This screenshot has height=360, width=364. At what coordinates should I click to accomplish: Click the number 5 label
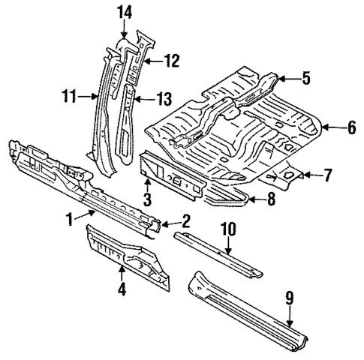click(305, 76)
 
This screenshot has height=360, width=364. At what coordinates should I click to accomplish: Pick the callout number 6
click(351, 127)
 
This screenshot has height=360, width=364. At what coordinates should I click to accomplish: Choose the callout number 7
click(327, 175)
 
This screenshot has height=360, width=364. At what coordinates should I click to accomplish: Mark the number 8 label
click(270, 199)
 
